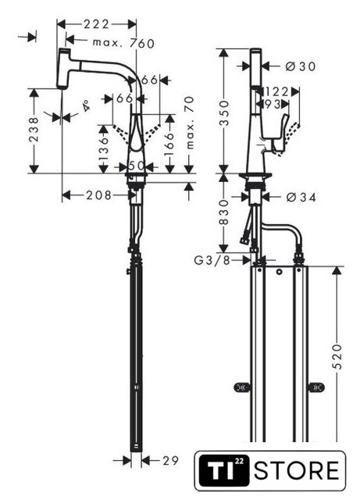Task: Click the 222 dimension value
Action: point(96,24)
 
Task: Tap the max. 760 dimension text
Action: point(123,44)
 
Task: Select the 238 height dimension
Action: point(34,130)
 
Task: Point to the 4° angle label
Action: point(86,105)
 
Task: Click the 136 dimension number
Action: point(104,149)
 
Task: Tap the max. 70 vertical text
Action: point(190,123)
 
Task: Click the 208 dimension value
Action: point(99,195)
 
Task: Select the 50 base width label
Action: point(137,166)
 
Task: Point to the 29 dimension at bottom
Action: point(171,460)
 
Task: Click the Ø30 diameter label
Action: point(301,66)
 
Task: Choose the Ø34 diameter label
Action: point(301,198)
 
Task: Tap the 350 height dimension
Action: point(225,113)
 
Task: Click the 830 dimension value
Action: point(224,212)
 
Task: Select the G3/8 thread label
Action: point(212,260)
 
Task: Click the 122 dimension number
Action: point(276,92)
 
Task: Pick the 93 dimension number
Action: point(272,104)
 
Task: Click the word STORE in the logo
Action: point(297,470)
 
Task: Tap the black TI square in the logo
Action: point(223,470)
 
